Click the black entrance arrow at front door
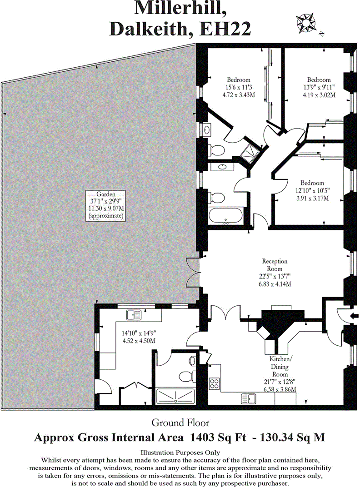coord(354,315)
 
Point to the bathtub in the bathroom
coord(226,216)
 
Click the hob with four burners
coord(214,383)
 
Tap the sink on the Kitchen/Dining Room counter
coord(249,399)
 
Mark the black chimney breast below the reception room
coord(278,324)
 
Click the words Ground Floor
coord(180,423)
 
